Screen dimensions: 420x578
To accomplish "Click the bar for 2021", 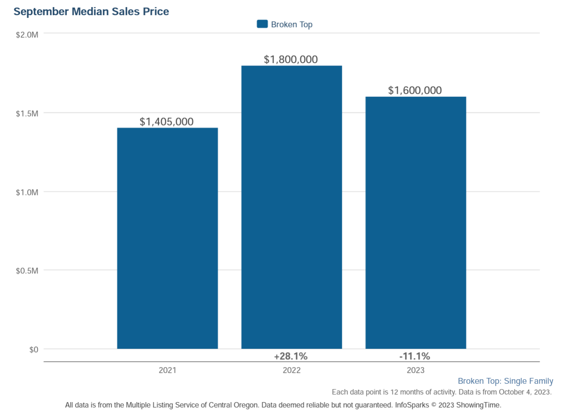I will pos(167,238).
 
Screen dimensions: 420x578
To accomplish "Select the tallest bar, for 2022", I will pos(291,207).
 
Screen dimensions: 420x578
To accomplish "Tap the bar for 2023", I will pos(415,222).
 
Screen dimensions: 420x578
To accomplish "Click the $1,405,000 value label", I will pos(167,121).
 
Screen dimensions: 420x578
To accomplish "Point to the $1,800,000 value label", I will pos(291,59).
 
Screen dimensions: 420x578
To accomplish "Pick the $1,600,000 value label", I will pos(415,90).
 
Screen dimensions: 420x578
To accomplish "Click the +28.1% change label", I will pos(291,356).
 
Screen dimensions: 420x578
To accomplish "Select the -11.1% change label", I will pos(414,356).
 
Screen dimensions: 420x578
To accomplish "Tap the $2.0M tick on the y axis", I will pos(27,35).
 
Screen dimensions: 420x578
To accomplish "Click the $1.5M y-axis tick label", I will pos(27,113).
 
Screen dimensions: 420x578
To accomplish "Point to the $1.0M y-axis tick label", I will pos(27,192).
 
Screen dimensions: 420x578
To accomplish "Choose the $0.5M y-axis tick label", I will pos(27,271).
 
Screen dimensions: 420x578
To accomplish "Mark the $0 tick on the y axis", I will pos(34,350).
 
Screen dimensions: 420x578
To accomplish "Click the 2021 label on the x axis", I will pos(167,370).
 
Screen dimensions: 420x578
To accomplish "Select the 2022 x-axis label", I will pos(291,370).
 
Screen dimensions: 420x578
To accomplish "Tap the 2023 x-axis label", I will pos(415,370).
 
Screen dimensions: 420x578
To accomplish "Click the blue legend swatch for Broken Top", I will pos(262,24).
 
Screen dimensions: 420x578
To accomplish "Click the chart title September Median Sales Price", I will pos(91,12).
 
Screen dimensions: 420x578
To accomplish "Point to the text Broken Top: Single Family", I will pos(505,381).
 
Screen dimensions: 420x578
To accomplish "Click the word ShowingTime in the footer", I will pos(478,405).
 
